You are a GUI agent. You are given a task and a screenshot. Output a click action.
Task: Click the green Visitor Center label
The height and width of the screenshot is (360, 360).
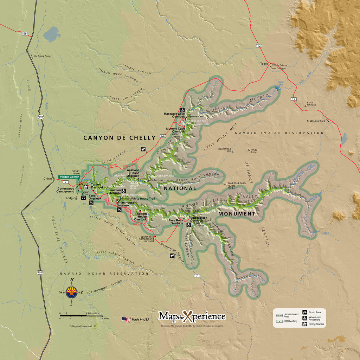point(69,177)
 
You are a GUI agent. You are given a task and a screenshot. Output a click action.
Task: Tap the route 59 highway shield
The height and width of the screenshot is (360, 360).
point(25,34)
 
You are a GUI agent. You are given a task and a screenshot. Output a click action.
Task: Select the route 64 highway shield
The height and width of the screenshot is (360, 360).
point(162,136)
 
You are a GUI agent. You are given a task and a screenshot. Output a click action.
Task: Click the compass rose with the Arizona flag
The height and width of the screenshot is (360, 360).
point(72,292)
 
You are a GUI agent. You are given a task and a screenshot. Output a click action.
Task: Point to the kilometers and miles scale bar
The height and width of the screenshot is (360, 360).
point(81,316)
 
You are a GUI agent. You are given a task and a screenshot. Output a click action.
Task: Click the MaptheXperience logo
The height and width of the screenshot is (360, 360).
point(192,316)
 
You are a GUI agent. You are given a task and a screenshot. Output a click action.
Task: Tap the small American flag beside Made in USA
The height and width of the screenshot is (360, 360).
point(126,319)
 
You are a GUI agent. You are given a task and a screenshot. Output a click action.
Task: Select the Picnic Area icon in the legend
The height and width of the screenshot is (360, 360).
point(305,312)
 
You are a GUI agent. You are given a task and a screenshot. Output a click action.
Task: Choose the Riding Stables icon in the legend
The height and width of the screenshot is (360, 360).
point(305,324)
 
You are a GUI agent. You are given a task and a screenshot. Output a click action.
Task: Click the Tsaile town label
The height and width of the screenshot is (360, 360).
point(264,64)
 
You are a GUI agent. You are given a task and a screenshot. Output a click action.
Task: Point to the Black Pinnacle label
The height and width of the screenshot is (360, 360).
point(311,104)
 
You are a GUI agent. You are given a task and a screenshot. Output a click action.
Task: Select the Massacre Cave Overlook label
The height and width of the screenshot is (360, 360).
point(174,115)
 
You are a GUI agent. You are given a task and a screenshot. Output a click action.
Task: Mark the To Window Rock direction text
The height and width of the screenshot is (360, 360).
point(316,121)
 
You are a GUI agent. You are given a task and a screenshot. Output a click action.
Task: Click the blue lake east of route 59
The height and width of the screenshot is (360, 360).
point(52,34)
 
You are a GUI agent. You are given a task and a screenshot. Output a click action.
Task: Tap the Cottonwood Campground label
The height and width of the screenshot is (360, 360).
point(66,190)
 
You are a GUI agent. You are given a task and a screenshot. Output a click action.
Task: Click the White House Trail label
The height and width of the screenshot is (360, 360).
point(142,199)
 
